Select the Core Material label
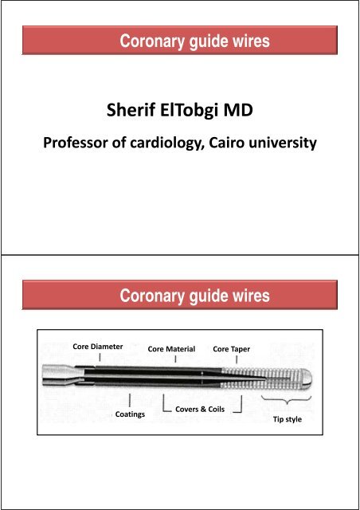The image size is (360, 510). point(171,349)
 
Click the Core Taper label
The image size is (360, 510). point(234,349)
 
